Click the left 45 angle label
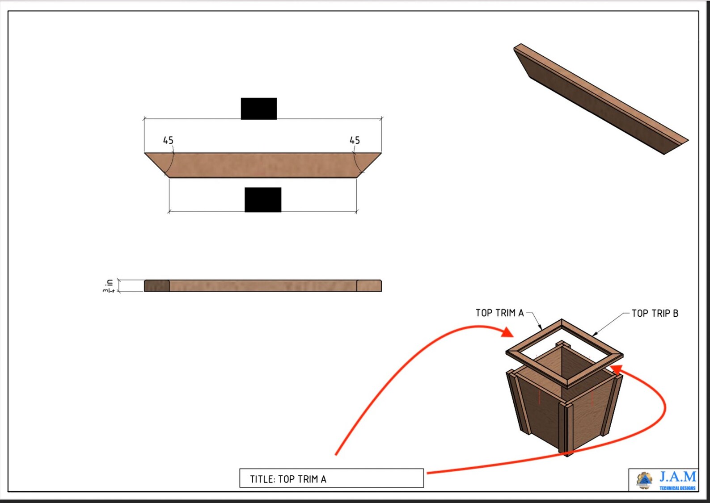click(x=168, y=140)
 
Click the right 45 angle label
click(x=355, y=140)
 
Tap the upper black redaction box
click(x=258, y=109)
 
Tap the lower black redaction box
click(x=263, y=200)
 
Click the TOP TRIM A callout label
click(x=499, y=313)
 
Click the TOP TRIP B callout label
click(x=655, y=313)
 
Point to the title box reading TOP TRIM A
click(x=331, y=478)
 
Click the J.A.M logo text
click(x=678, y=477)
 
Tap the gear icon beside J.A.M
click(x=644, y=480)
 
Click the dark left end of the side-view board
click(x=156, y=286)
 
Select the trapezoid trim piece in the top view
click(x=263, y=165)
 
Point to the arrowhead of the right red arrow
click(x=617, y=369)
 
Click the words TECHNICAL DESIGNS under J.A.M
click(x=677, y=488)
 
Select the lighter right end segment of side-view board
click(x=369, y=286)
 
